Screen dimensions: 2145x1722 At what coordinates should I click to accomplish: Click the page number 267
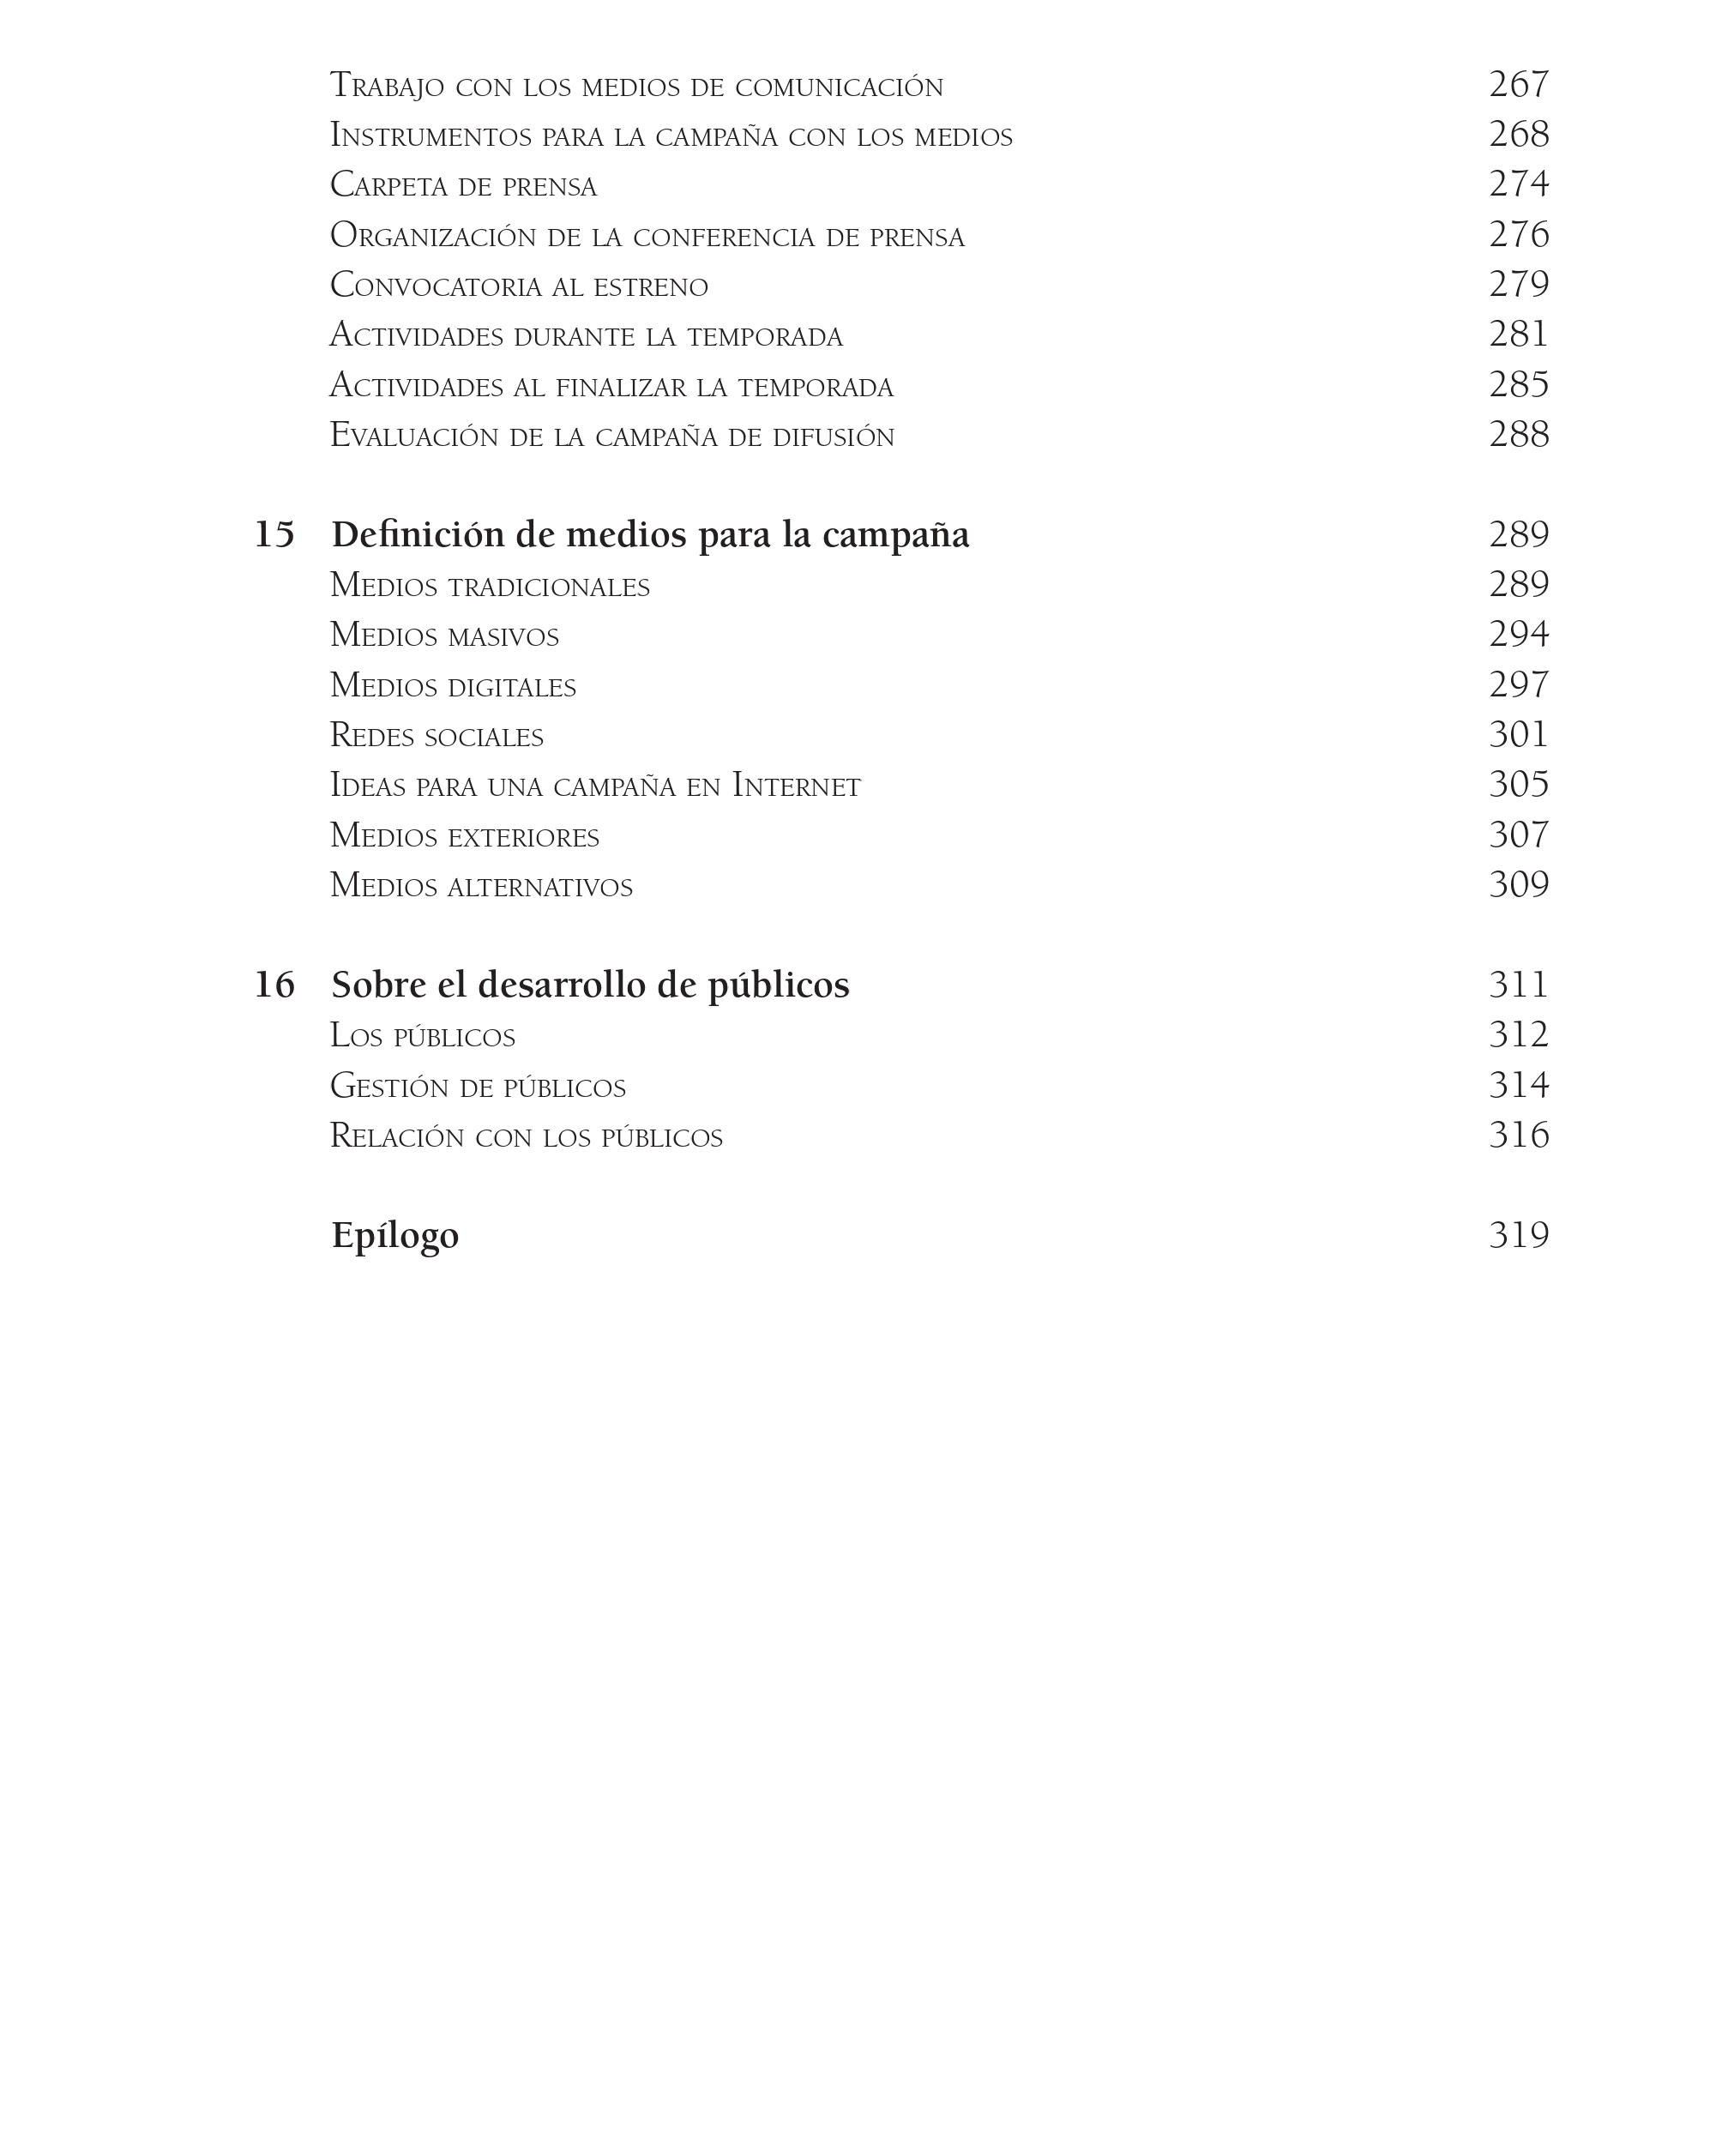point(1518,85)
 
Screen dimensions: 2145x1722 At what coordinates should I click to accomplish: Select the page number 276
point(1518,235)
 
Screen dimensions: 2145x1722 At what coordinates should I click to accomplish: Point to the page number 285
point(1518,385)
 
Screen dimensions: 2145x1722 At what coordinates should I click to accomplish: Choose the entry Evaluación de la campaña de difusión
point(611,436)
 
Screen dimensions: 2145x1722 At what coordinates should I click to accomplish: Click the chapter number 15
point(274,535)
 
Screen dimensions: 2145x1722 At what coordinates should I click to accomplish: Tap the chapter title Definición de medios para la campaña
point(649,535)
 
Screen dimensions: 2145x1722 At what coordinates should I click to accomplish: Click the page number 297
point(1518,685)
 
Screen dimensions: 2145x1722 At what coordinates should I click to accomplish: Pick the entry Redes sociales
point(436,736)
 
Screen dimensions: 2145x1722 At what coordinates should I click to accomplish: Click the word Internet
point(796,786)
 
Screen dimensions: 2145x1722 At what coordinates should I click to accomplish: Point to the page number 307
point(1518,835)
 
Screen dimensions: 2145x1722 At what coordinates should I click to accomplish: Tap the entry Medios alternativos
point(480,885)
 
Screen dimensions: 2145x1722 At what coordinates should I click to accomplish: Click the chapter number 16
point(274,985)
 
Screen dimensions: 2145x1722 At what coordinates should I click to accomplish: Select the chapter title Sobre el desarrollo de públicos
point(590,985)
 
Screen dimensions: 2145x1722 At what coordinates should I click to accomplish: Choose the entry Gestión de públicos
point(478,1086)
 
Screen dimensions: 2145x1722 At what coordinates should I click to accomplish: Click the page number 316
point(1518,1136)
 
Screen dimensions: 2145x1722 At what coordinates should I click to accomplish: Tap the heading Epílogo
point(395,1236)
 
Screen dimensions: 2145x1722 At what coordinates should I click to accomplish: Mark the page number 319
point(1518,1236)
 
